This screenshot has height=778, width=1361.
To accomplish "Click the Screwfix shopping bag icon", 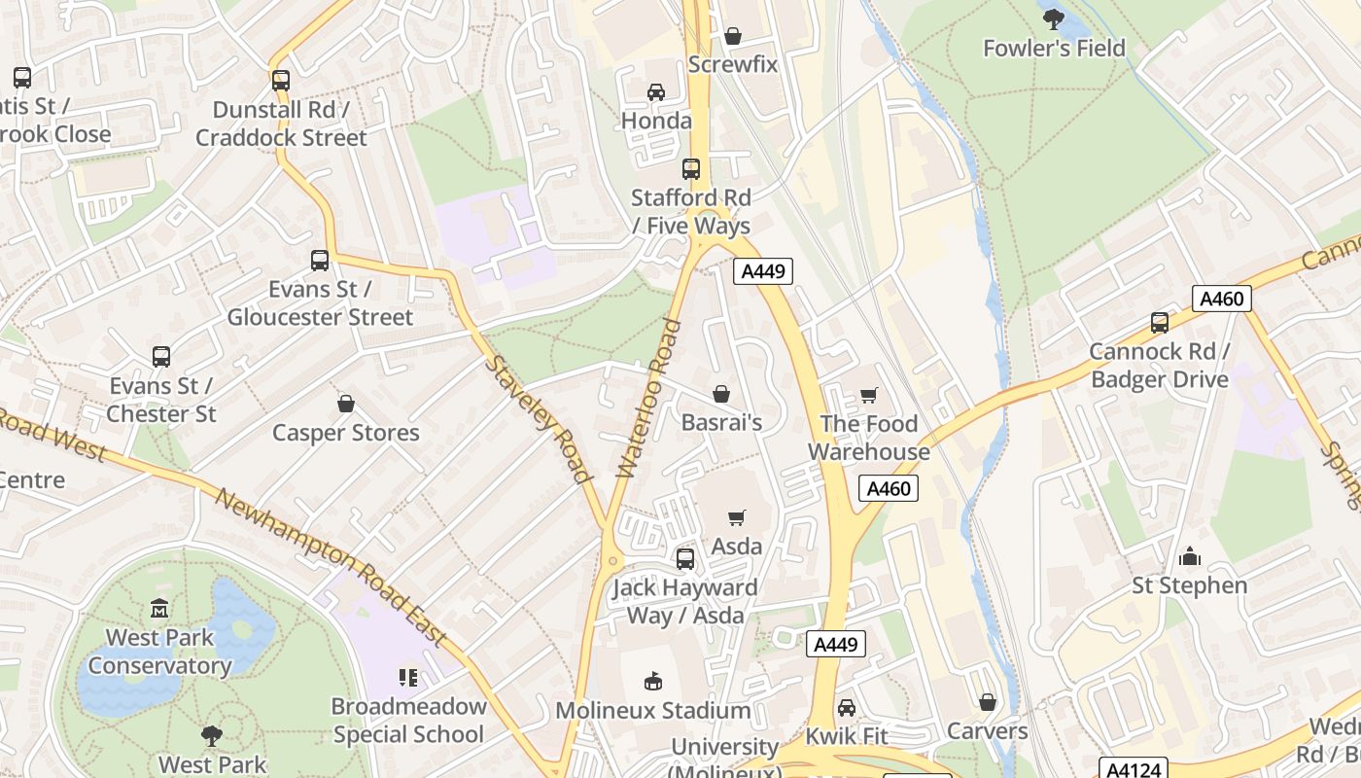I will tap(733, 36).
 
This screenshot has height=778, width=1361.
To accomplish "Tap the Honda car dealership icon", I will tap(656, 92).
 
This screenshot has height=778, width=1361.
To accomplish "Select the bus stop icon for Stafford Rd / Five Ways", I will tap(691, 169).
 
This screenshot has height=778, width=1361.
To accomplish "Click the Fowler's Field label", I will tap(1054, 48).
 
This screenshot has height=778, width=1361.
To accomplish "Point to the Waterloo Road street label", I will tap(645, 398).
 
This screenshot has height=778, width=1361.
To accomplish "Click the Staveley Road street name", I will tap(538, 419).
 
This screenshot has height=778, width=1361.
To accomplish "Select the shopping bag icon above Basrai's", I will tap(721, 394).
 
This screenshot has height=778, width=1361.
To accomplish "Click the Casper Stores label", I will tap(346, 433).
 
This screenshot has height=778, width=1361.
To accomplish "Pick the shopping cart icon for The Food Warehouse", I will tap(869, 395).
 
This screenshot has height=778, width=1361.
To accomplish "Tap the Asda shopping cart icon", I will tap(737, 518).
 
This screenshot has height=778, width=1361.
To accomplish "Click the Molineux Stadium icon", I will tap(653, 682).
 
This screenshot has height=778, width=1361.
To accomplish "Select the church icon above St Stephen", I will tap(1189, 557).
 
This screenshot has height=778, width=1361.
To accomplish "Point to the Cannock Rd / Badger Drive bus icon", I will tap(1159, 323).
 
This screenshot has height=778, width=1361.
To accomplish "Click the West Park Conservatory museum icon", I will tap(159, 609).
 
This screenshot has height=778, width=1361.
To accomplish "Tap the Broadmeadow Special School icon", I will tap(408, 677).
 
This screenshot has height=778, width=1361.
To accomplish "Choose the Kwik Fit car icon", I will tap(847, 707).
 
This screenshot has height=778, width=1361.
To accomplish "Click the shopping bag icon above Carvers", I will tap(988, 702).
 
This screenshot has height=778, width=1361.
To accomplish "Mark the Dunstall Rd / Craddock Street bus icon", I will tap(281, 81).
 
